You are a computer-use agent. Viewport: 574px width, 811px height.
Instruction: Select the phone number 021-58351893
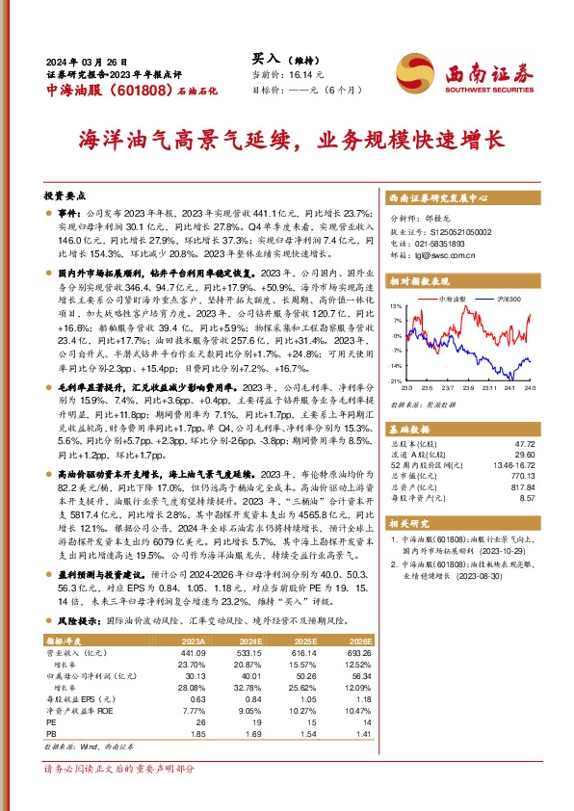[x=439, y=244]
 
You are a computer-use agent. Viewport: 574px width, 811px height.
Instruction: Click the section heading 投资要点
[x=65, y=194]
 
